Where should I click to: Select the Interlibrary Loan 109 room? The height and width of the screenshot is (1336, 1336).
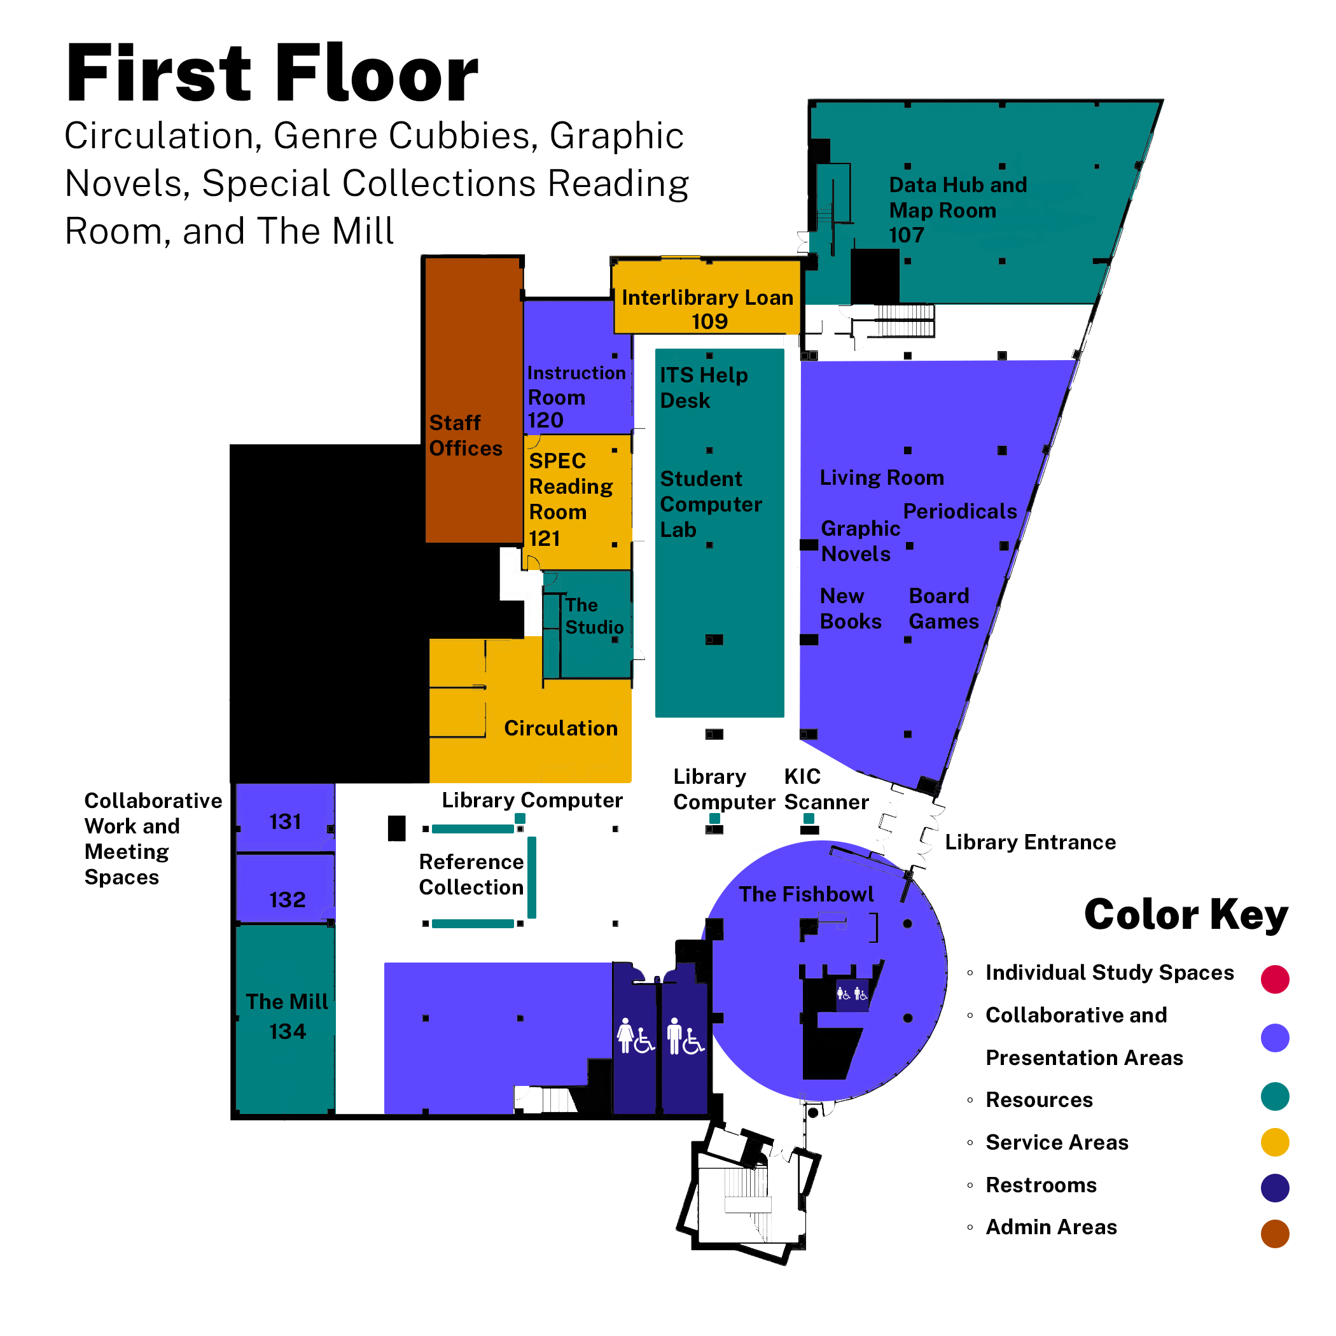click(707, 309)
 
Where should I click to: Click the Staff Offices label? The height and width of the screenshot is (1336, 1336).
click(464, 435)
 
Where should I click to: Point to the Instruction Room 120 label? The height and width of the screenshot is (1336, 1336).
click(575, 396)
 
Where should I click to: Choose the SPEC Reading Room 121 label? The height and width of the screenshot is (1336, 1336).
click(570, 499)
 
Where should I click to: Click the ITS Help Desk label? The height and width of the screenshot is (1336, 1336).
click(703, 387)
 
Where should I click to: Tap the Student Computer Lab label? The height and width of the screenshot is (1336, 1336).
click(710, 504)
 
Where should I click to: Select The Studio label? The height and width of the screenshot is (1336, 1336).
click(594, 615)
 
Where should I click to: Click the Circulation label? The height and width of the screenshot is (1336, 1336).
click(560, 728)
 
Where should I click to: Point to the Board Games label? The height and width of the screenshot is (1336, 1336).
click(943, 609)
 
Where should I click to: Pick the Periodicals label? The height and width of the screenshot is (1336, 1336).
click(960, 511)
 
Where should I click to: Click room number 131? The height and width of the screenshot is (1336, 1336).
click(285, 821)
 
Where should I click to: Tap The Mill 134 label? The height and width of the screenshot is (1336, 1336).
click(287, 1016)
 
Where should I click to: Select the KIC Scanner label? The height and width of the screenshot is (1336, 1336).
click(826, 789)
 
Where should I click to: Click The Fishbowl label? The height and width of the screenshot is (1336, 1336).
click(805, 894)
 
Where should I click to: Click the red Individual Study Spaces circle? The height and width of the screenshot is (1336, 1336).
click(1274, 979)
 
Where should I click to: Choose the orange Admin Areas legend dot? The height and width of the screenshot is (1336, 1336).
click(1274, 1234)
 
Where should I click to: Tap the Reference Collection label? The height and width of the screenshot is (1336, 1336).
click(471, 874)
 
